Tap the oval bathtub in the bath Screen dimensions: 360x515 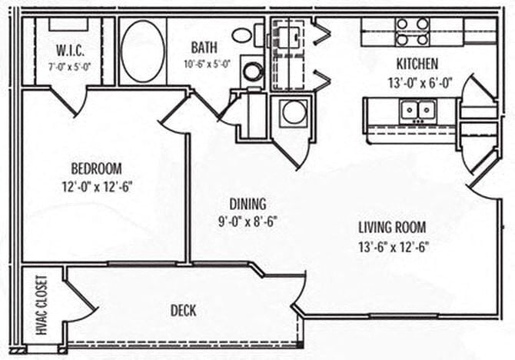point(142,52)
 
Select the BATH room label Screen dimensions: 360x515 point(204,48)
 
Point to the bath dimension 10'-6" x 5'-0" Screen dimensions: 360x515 point(206,64)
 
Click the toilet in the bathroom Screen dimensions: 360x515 point(242,35)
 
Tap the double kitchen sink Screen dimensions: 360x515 point(418,110)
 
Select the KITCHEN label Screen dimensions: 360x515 point(417,63)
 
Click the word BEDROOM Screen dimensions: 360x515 point(96,168)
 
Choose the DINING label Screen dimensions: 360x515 point(248,204)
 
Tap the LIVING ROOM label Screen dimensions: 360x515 point(392,228)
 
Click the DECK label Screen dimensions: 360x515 point(182,311)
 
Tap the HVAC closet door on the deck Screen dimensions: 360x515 point(77,295)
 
